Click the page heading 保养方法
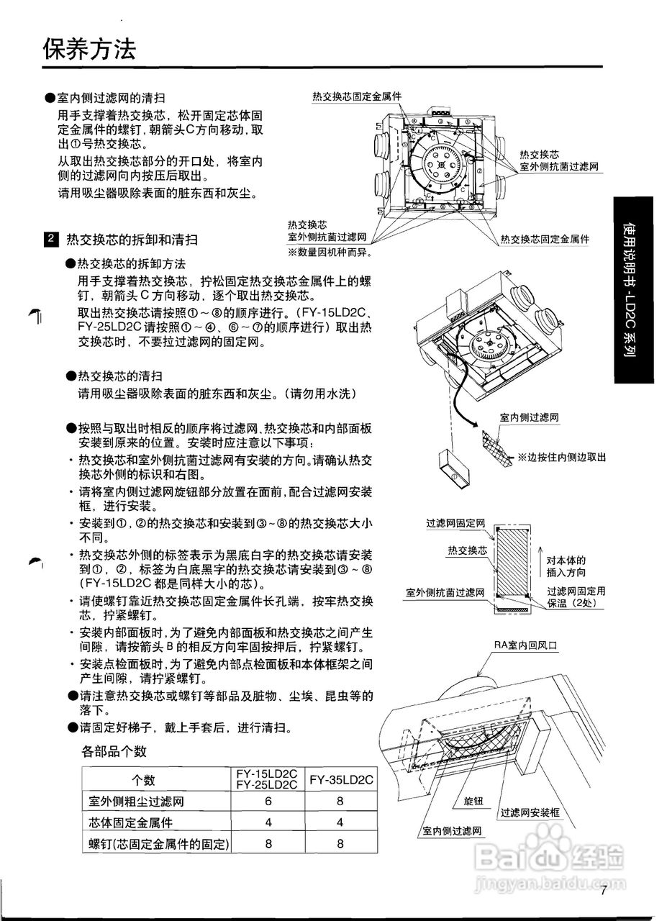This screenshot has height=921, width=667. [x=89, y=50]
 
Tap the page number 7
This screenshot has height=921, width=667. [x=604, y=891]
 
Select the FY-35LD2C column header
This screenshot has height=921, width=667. [x=341, y=780]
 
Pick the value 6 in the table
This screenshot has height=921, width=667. [x=268, y=802]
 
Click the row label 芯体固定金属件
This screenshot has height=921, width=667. [x=130, y=822]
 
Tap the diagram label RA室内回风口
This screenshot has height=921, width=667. [x=525, y=645]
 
